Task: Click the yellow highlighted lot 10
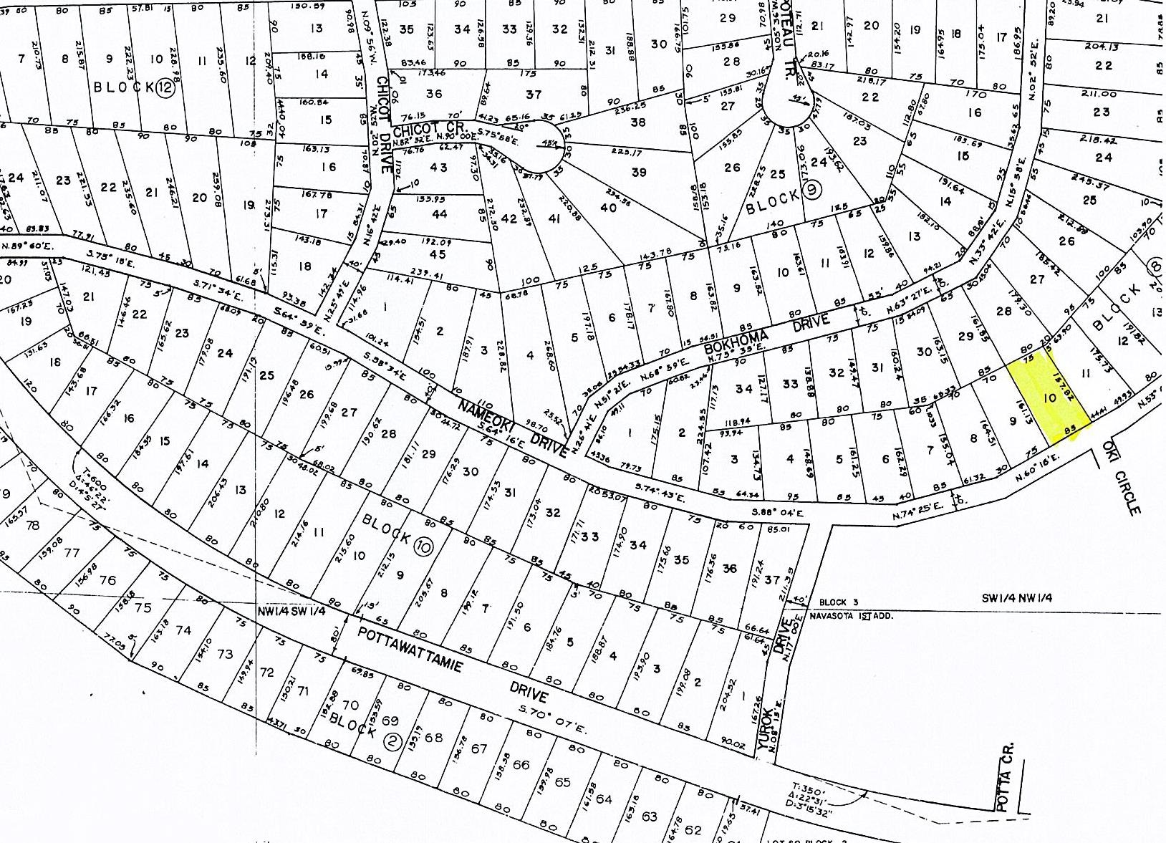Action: click(x=1050, y=398)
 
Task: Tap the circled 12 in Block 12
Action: click(x=165, y=87)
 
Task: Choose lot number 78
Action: click(x=32, y=526)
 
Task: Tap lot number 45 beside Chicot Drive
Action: click(x=438, y=255)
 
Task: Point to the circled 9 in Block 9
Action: click(x=812, y=189)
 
